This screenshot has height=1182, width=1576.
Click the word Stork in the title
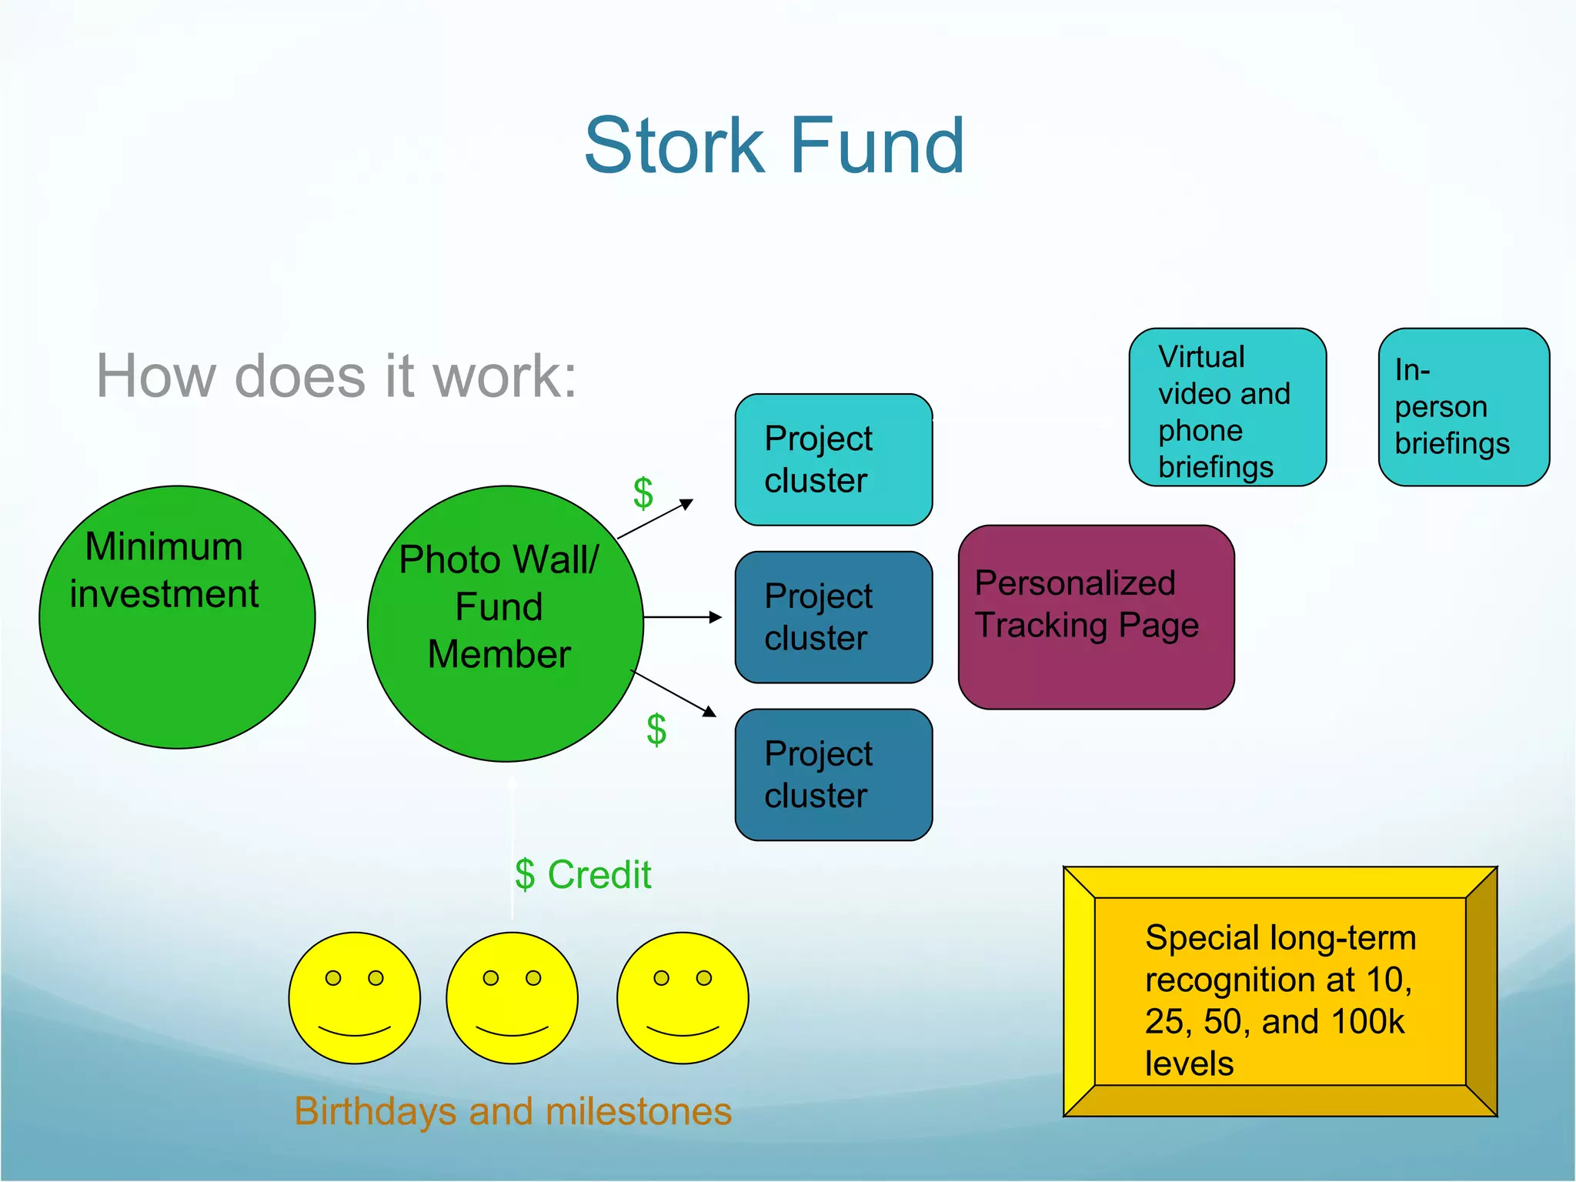674,145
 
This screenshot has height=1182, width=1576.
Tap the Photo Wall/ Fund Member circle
505,623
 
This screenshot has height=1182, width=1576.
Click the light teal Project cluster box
833,459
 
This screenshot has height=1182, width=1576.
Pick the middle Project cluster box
833,617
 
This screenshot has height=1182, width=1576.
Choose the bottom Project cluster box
833,775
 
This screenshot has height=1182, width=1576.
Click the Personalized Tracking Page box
1096,617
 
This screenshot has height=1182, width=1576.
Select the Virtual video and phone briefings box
1227,408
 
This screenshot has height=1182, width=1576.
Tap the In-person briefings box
1464,408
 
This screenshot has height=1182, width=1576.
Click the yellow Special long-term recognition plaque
1280,992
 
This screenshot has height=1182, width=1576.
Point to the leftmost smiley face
355,998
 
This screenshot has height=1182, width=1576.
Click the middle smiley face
512,998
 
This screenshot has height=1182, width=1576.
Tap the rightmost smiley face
683,998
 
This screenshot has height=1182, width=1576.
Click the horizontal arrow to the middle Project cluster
682,617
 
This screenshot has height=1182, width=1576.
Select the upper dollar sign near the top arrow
643,493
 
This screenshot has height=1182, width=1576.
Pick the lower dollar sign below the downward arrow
656,730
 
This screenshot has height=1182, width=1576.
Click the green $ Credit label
583,875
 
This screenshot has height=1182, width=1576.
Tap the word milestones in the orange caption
638,1112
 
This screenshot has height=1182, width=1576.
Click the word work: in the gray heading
505,377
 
